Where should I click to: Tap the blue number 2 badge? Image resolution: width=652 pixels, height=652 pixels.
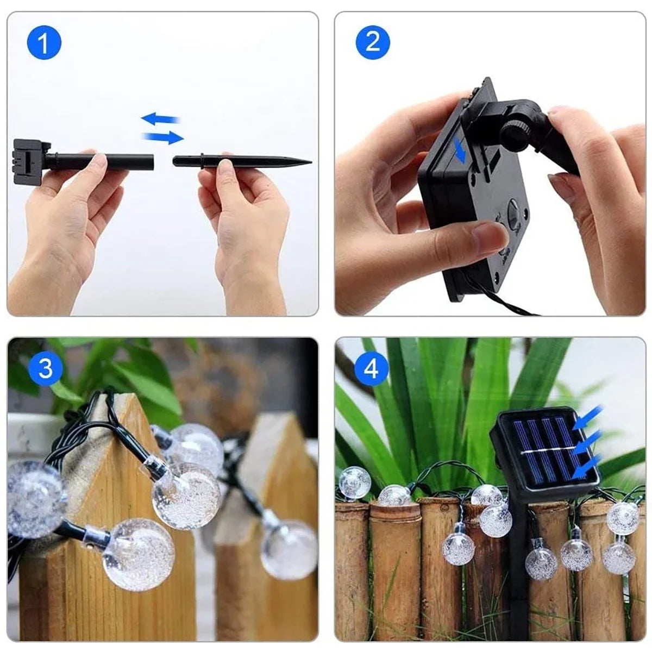click(373, 42)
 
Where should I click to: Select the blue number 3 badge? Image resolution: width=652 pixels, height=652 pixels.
click(46, 368)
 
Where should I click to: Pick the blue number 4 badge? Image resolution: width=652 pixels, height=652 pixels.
click(372, 369)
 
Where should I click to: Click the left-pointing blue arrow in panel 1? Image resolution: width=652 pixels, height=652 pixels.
click(160, 118)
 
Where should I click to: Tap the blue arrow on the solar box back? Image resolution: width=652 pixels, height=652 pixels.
click(460, 151)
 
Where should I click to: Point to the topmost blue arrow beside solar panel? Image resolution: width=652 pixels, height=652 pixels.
click(591, 416)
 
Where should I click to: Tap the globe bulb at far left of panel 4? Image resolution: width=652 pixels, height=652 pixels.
click(354, 482)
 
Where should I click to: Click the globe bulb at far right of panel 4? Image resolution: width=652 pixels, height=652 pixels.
click(622, 518)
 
